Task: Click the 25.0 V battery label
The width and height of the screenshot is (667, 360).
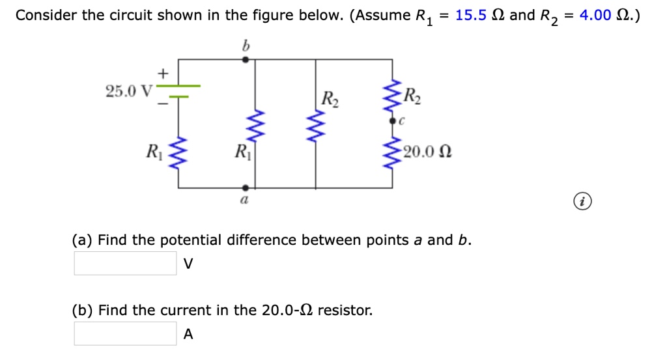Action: (x=127, y=90)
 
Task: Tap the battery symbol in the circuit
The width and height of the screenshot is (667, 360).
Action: (x=179, y=91)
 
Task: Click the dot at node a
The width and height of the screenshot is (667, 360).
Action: (x=245, y=187)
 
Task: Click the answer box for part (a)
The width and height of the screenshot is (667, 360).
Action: (x=124, y=264)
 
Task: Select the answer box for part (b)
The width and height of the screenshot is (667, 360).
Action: (x=124, y=334)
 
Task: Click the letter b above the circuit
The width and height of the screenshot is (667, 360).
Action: (x=246, y=46)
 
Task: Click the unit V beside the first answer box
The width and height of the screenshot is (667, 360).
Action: (x=188, y=264)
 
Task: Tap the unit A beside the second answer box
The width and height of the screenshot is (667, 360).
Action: (x=188, y=335)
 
